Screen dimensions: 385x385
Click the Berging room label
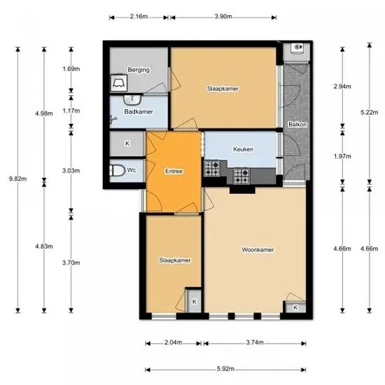coord(139,70)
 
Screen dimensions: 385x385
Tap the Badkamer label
coord(139,112)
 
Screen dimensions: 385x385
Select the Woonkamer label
coord(258,250)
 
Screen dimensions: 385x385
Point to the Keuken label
coord(243,149)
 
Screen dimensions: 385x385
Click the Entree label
coord(174,171)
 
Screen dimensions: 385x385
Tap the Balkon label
coord(297,124)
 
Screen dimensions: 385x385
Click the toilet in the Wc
coord(118,170)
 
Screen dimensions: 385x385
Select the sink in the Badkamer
coord(132,99)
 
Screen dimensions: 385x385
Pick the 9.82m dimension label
coord(18,178)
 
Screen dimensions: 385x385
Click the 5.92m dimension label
coord(225,369)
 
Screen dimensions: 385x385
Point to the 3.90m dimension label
coord(223,17)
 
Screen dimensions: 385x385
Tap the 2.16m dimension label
coord(139,17)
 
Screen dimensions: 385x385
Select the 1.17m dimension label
coord(71,111)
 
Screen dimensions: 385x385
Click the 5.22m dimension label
coord(370,112)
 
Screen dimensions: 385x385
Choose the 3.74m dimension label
coord(255,342)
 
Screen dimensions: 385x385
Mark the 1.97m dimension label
coord(342,156)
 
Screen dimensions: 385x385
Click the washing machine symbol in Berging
coord(119,83)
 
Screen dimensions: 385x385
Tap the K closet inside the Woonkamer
coord(295,307)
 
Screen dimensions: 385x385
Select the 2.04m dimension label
coord(174,342)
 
